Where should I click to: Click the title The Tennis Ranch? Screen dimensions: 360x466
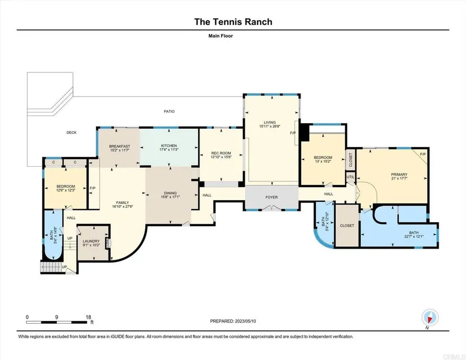tap(233, 22)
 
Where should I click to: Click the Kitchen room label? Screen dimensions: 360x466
tap(169, 146)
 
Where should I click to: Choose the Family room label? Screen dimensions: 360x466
tap(123, 202)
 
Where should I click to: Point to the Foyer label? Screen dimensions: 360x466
tap(272, 198)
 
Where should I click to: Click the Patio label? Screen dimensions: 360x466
tap(169, 111)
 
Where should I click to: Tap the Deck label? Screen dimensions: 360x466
tap(71, 133)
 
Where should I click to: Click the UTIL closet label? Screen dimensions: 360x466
tap(350, 177)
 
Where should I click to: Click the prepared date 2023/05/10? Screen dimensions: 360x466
tap(252, 321)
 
